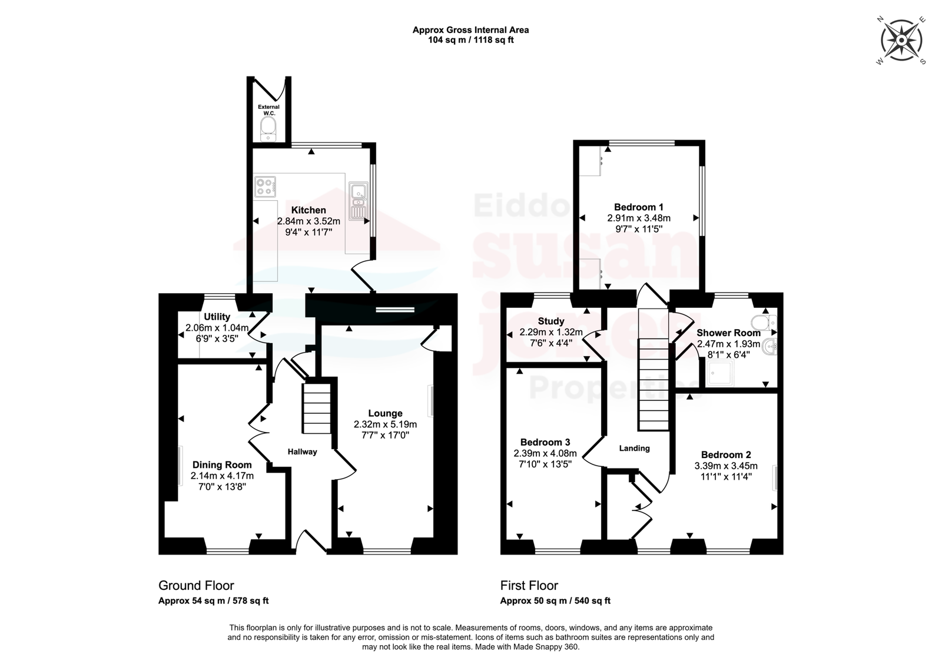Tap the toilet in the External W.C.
[268, 129]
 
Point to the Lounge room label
[385, 413]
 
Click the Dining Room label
[222, 464]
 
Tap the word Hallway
[303, 451]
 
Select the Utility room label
[217, 317]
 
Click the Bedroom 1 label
[639, 207]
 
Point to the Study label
[551, 321]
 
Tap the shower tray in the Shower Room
[721, 373]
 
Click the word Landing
[634, 449]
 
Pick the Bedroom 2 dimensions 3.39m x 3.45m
[727, 466]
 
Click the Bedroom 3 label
[545, 442]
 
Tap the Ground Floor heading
[196, 585]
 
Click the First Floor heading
[529, 585]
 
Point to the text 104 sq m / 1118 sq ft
[471, 40]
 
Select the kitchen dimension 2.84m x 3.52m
[309, 221]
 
